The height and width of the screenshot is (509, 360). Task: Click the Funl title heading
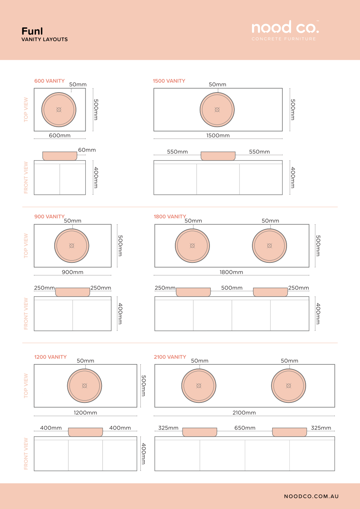[32, 31]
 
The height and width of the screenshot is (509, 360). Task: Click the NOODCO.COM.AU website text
[311, 496]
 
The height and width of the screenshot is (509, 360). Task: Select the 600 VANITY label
[49, 81]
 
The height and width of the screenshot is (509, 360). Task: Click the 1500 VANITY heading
[169, 81]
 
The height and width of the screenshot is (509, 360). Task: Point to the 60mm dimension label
[87, 150]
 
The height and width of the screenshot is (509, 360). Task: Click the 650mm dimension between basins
[245, 428]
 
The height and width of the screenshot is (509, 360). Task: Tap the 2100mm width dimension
[244, 413]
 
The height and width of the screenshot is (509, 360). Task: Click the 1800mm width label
[231, 272]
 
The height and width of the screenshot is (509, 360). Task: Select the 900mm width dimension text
[72, 272]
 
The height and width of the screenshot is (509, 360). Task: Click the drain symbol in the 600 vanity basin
[59, 110]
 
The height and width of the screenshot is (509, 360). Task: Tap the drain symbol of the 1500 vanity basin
[217, 110]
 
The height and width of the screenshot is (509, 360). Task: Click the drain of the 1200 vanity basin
[85, 386]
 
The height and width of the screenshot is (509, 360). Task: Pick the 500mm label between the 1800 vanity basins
[232, 288]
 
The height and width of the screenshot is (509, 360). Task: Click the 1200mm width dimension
[85, 413]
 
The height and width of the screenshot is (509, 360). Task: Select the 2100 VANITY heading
[170, 357]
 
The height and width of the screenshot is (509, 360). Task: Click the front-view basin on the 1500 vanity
[218, 156]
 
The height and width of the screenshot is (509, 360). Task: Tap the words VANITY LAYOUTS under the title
[45, 40]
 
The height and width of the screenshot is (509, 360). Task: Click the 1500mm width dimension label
[218, 136]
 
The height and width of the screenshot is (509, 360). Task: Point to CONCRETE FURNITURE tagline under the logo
[284, 39]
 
